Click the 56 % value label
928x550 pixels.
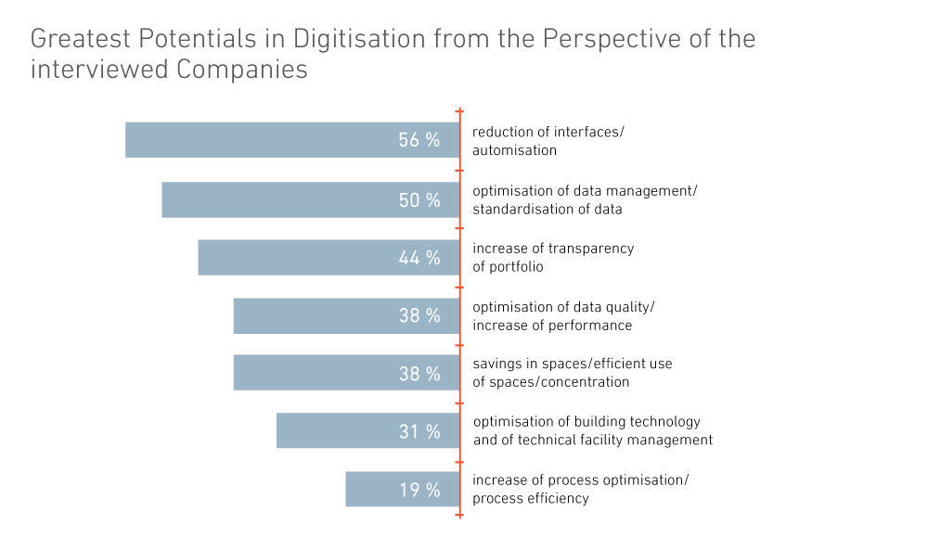coord(419,140)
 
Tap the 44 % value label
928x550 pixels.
coord(419,258)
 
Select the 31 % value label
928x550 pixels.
coord(419,431)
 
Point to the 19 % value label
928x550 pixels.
coord(419,490)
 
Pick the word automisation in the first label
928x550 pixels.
coord(515,150)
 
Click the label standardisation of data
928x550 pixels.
coord(548,209)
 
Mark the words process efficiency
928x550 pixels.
coord(531,498)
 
